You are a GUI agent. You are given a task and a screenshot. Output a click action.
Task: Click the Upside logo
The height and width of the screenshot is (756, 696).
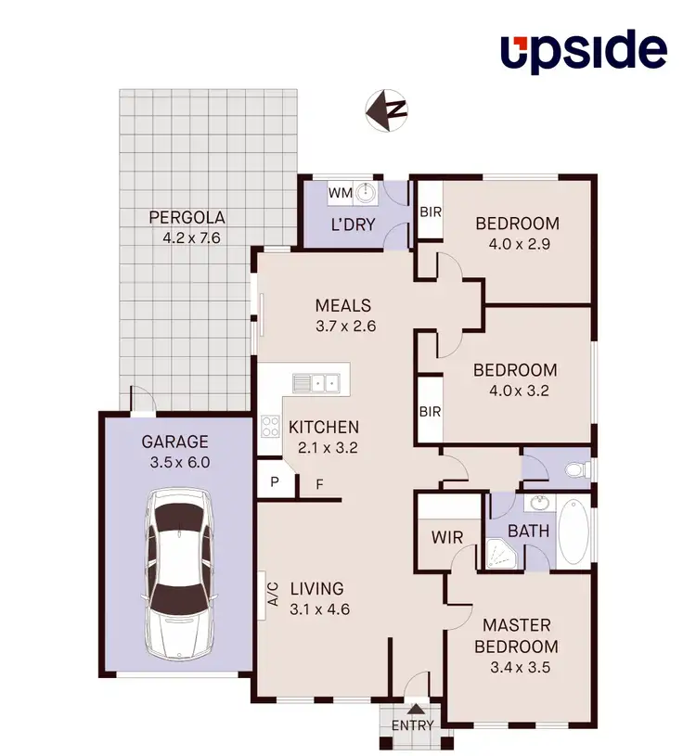coord(584,52)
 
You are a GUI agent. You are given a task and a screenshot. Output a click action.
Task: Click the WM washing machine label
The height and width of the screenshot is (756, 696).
coord(341,193)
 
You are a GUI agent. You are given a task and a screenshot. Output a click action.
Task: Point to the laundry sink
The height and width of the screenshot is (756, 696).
coord(367,193)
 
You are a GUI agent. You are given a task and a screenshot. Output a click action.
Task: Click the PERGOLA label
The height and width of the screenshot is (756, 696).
coord(187,219)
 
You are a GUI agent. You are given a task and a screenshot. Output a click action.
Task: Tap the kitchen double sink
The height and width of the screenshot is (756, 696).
coord(316,381)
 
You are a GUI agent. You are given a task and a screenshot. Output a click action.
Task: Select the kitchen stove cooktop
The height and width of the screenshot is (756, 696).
coord(270,428)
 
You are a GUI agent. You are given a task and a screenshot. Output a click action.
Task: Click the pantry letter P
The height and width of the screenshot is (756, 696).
coord(275,481)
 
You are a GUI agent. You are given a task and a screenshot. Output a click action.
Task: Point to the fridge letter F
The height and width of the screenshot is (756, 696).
coord(319,482)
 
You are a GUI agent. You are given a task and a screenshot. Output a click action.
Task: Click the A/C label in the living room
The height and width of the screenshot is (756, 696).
coord(273,594)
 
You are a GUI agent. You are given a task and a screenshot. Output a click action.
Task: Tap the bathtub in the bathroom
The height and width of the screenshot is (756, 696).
coord(574,532)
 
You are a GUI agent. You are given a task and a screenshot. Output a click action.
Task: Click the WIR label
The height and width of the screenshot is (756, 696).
coord(446,537)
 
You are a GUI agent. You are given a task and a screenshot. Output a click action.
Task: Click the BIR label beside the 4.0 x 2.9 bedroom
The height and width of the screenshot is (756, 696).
coord(430,211)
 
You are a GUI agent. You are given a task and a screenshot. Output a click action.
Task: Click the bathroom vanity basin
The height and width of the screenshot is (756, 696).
coord(538,504)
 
